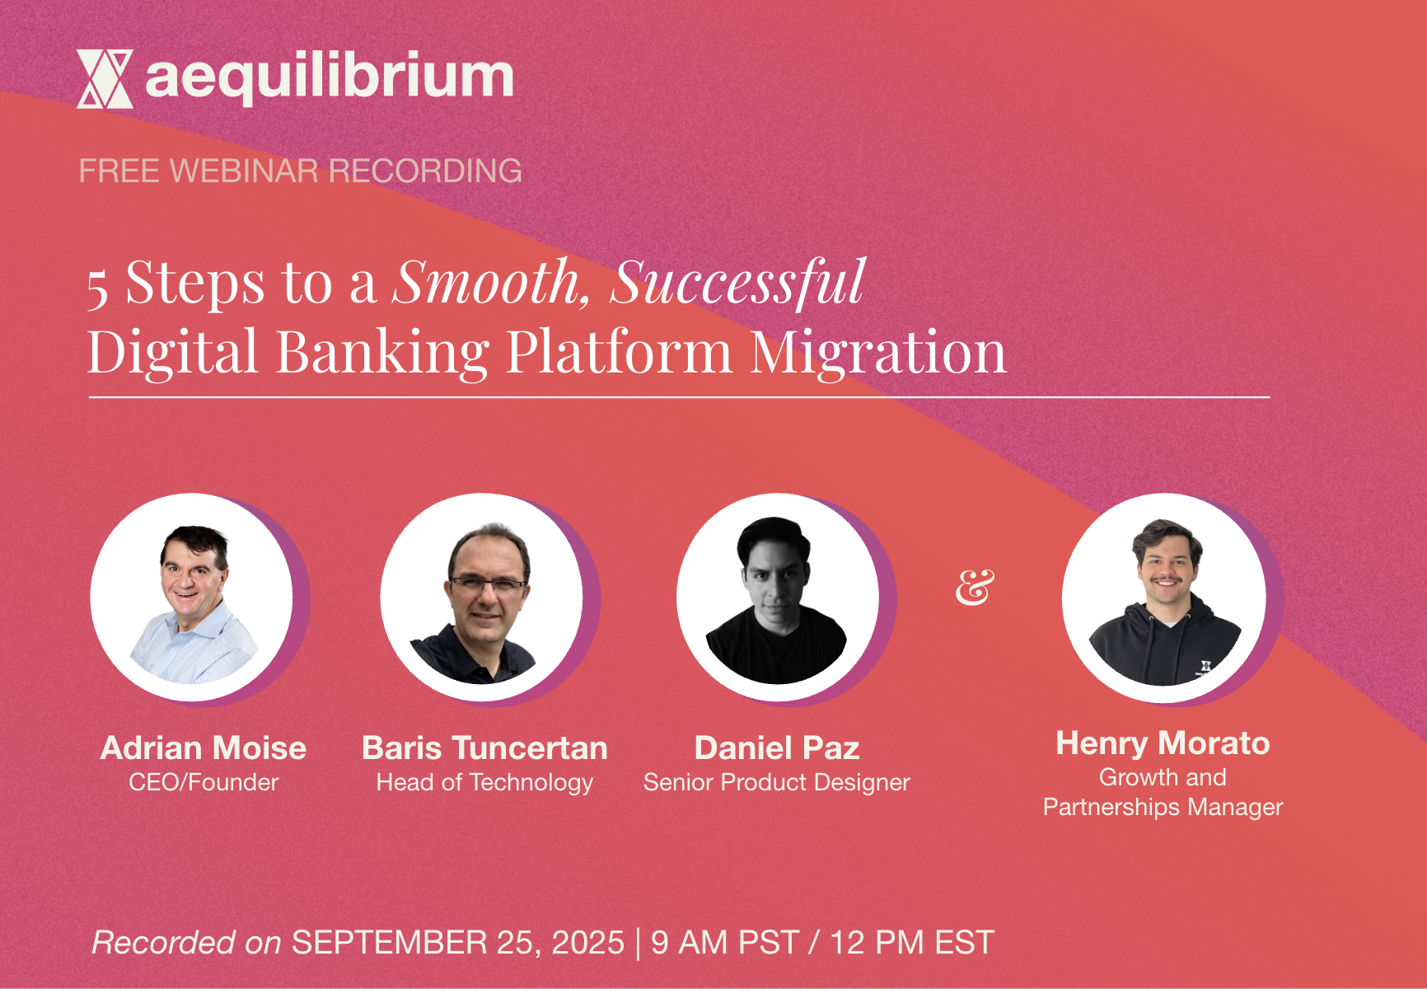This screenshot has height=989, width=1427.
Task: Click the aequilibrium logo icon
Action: click(105, 79)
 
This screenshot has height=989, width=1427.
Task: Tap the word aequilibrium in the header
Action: click(330, 77)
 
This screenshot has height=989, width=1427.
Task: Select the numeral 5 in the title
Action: click(98, 288)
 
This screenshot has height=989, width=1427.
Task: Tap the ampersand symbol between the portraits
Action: click(975, 588)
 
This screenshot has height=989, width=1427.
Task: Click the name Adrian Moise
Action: click(204, 748)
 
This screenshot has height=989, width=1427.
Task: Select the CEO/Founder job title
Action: click(204, 782)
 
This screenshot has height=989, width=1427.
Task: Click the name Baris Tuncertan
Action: click(485, 748)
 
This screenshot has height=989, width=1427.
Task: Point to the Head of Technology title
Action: click(485, 782)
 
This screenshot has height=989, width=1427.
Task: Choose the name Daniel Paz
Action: click(777, 748)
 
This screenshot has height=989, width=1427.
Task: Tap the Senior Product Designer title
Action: click(777, 782)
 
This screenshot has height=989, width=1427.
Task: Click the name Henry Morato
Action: click(1163, 743)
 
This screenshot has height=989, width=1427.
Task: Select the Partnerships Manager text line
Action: click(1163, 807)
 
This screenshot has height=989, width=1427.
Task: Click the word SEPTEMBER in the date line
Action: click(389, 942)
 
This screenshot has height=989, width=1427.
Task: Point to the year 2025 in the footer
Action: click(588, 942)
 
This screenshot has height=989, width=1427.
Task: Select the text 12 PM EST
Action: click(911, 942)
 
